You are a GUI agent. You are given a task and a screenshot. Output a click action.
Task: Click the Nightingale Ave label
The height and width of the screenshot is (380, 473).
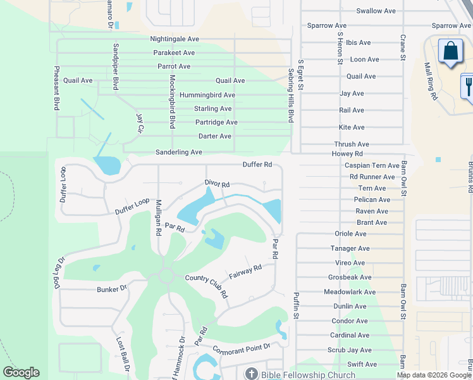pyautogui.click(x=175, y=39)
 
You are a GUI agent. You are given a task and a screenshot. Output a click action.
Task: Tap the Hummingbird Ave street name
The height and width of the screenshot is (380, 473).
pyautogui.click(x=208, y=95)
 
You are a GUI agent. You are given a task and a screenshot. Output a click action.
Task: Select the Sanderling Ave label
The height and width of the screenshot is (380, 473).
pyautogui.click(x=179, y=153)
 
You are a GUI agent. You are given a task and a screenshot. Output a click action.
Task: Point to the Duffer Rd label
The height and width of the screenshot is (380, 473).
pyautogui.click(x=257, y=165)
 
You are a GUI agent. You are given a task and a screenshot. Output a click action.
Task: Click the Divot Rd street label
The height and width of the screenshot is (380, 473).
pyautogui.click(x=216, y=184)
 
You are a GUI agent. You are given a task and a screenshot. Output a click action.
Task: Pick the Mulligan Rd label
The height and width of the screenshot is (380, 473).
pyautogui.click(x=159, y=218)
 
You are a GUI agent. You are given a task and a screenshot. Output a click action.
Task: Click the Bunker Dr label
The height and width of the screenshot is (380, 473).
pyautogui.click(x=112, y=288)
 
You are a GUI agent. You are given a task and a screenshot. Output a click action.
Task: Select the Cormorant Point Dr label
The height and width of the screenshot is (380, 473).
pyautogui.click(x=242, y=348)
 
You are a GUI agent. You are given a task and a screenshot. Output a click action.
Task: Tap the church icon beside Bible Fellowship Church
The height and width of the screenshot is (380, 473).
pyautogui.click(x=251, y=374)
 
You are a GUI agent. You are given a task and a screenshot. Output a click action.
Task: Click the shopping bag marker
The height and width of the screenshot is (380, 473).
pyautogui.click(x=451, y=52)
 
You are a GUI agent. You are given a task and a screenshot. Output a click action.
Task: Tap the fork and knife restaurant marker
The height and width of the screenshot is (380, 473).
pyautogui.click(x=469, y=86)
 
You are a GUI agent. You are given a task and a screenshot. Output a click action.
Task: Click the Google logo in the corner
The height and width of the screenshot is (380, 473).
pyautogui.click(x=21, y=372)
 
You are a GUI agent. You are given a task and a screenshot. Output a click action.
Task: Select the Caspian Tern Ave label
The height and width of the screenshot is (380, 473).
pyautogui.click(x=372, y=165)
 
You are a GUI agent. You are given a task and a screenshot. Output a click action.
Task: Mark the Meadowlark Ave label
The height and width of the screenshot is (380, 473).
pyautogui.click(x=350, y=292)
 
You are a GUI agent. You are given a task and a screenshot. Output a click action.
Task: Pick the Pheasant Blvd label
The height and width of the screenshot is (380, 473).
pyautogui.click(x=57, y=88)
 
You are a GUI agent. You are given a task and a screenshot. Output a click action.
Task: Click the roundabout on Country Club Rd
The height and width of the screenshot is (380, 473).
pyautogui.click(x=166, y=275)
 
